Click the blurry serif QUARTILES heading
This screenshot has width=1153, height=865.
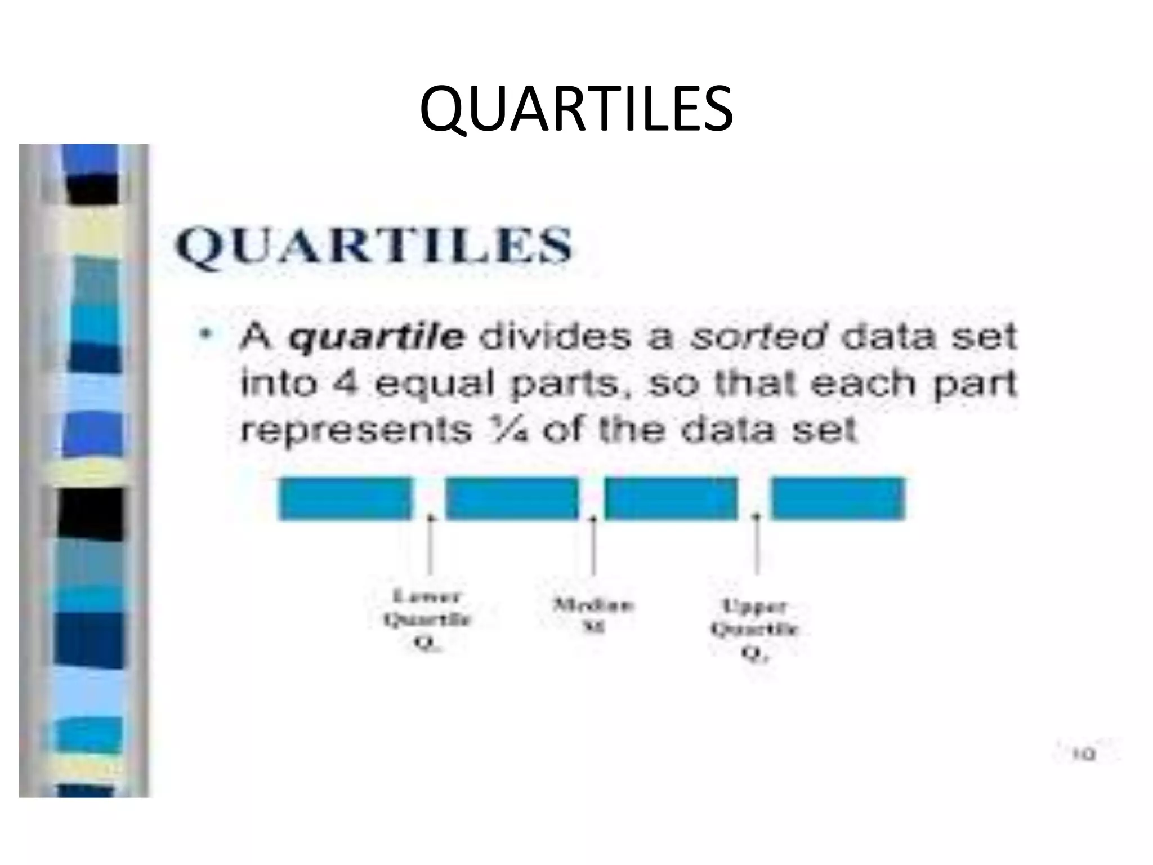click(x=374, y=246)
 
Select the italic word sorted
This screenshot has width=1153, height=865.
click(x=758, y=336)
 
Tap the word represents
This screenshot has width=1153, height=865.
click(x=356, y=431)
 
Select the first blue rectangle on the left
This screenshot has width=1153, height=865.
click(x=345, y=498)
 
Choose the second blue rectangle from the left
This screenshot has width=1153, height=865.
click(x=512, y=498)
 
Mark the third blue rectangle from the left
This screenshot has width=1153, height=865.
click(x=671, y=498)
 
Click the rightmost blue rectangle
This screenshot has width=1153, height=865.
click(x=838, y=498)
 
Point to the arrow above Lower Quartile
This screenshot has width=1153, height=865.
click(x=431, y=543)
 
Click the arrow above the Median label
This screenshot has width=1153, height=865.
click(x=593, y=543)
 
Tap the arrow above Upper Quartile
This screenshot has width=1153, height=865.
click(x=757, y=543)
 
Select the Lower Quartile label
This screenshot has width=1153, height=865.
click(x=427, y=620)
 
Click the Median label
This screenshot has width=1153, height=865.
click(x=593, y=615)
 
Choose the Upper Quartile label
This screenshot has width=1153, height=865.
click(x=754, y=630)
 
